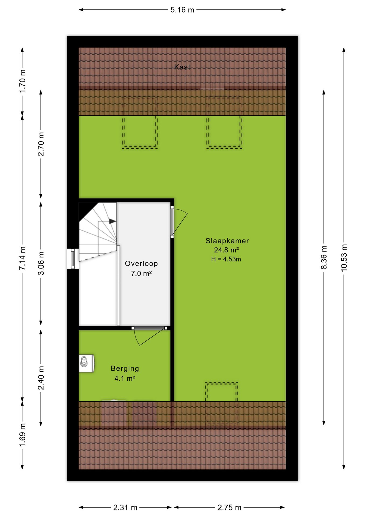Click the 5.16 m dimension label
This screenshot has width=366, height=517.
point(182,10)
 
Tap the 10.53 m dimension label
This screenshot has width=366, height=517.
point(344,258)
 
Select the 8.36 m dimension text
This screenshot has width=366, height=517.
point(324,257)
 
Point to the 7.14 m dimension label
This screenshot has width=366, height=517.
point(22,258)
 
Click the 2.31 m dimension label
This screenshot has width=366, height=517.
point(125,508)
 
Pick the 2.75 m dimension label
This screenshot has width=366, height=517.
point(229,508)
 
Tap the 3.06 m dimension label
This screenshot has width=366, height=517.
point(41,263)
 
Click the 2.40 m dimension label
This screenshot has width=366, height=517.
point(41,378)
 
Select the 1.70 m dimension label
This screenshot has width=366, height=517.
point(22,81)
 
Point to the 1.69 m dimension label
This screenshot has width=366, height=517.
point(22,435)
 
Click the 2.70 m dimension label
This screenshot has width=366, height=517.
point(41,144)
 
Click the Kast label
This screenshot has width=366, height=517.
point(182,67)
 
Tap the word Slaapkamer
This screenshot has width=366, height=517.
point(227,241)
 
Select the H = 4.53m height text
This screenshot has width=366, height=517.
point(226,259)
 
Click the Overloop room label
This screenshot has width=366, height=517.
point(141,264)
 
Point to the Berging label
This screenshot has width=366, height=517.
point(125,368)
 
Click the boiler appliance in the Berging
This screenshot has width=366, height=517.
point(87,363)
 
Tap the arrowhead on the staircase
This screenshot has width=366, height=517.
point(113,221)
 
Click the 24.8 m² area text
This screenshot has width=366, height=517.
point(226,250)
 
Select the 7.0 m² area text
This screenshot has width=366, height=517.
point(141,274)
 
